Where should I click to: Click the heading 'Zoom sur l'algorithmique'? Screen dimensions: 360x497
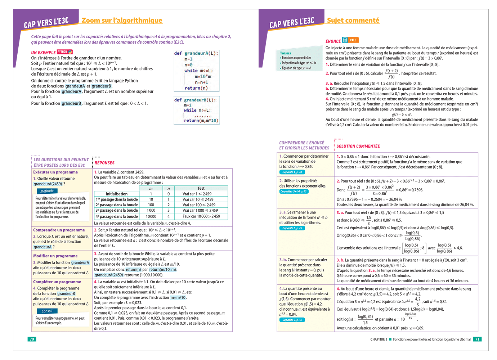tap(122, 21)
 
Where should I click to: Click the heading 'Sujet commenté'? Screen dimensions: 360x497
tap(353, 21)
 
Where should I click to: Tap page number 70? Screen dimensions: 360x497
tap(32, 339)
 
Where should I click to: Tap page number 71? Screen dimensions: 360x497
tap(477, 339)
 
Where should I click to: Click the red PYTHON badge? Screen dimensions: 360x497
tap(65, 52)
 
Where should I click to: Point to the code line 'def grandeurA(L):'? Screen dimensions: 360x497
tap(196, 53)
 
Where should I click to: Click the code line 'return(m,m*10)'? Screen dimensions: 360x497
tap(201, 121)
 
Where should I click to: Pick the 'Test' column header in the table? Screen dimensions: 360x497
tap(201, 188)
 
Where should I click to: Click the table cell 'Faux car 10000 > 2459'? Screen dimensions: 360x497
tap(201, 216)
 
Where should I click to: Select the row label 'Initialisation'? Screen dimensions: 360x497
tap(117, 194)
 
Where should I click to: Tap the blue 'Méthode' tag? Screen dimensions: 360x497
tap(47, 191)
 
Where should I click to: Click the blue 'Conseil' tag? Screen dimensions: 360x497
tap(47, 311)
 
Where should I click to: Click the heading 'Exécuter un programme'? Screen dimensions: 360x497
tap(55, 172)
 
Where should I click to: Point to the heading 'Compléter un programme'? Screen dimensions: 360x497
tap(57, 282)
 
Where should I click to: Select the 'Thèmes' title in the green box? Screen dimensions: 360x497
tap(286, 53)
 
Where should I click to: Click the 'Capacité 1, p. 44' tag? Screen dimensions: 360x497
tap(292, 172)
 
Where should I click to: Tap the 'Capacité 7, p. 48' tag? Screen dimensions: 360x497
tap(292, 320)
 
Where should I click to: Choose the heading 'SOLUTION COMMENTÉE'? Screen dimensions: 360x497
tap(358, 146)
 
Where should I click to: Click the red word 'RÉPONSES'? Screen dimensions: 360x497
tap(104, 163)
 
